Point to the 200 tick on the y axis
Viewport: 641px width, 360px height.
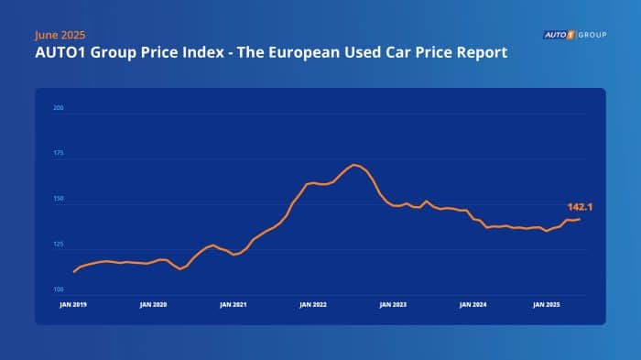click(x=60, y=109)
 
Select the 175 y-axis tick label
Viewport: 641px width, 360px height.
click(x=60, y=155)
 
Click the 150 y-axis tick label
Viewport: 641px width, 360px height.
click(x=60, y=200)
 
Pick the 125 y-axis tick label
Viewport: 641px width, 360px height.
click(x=60, y=245)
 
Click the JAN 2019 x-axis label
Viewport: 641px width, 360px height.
click(x=73, y=302)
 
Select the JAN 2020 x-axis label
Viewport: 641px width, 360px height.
click(x=154, y=302)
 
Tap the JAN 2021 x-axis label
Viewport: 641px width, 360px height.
click(x=234, y=302)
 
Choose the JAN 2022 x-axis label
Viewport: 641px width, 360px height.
click(x=314, y=302)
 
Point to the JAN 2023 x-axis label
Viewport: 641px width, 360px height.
click(x=393, y=302)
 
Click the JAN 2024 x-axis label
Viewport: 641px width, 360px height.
click(x=473, y=302)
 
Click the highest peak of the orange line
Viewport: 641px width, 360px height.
click(x=354, y=165)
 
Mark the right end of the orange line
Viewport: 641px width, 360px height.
click(x=579, y=219)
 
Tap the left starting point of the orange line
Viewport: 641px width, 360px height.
click(x=73, y=272)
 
